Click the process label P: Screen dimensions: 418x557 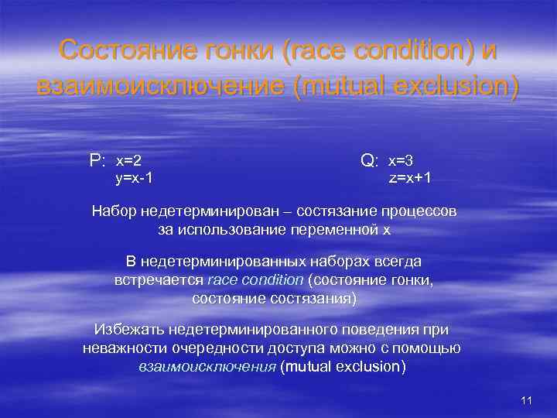pos(97,161)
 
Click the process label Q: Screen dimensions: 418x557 pos(369,161)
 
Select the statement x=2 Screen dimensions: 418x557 pos(128,161)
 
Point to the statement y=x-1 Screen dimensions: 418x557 pos(133,178)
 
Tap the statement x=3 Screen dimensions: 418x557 pos(401,160)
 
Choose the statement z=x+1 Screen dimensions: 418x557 pos(410,178)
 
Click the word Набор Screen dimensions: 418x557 pos(113,211)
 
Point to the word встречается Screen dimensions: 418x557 pos(159,280)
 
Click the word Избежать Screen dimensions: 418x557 pos(124,331)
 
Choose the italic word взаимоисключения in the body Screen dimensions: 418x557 pos(207,366)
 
